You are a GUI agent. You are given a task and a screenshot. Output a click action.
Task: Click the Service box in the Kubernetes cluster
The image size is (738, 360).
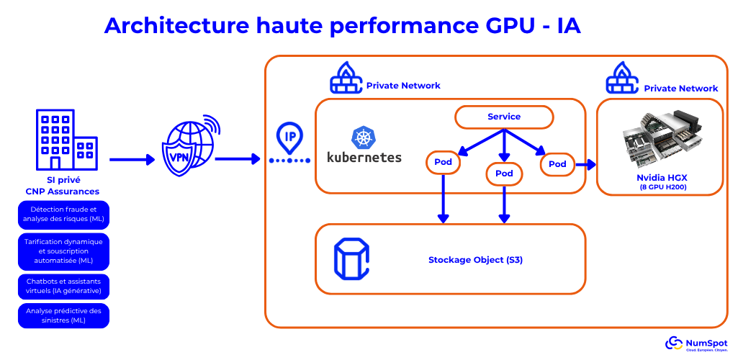pos(504,117)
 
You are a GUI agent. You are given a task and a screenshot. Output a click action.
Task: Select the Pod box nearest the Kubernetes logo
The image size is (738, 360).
pos(444,162)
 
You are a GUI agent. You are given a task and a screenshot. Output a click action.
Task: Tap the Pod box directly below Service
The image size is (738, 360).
pos(504,174)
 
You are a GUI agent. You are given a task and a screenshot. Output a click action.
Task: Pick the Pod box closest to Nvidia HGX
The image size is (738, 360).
pos(557,164)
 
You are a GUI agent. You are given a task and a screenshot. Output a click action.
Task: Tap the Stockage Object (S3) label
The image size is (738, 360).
pos(475,259)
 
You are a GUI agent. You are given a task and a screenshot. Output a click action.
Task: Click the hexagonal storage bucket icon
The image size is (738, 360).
pos(351,259)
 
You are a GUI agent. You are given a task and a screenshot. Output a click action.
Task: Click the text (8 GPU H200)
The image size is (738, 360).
pos(662,187)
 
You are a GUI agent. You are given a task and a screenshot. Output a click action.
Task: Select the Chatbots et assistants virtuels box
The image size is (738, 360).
pos(63,287)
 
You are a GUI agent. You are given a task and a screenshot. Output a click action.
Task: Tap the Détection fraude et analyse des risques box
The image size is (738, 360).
pos(63,214)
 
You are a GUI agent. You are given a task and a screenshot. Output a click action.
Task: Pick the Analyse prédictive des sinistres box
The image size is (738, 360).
pos(63,315)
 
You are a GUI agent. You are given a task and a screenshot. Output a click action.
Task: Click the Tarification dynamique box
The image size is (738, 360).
pos(63,251)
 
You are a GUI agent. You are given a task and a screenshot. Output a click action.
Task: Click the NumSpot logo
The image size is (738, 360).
pos(696,343)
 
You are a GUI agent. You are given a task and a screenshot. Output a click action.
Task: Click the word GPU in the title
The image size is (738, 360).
pos(503,26)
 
